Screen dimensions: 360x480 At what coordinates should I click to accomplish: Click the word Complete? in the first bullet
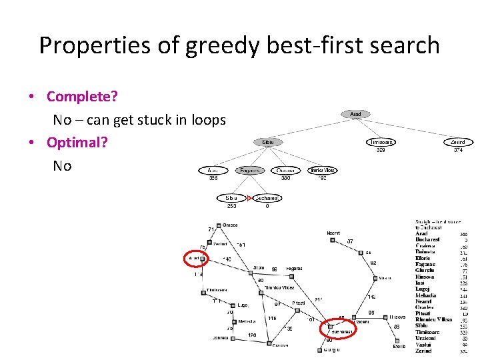[x=82, y=97]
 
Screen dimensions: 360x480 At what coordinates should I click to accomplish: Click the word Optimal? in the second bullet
[x=77, y=143]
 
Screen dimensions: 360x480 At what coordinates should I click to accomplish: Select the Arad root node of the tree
[x=355, y=115]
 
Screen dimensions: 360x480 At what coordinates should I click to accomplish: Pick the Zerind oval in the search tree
[x=458, y=142]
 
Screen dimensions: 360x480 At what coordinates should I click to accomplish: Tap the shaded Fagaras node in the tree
[x=249, y=170]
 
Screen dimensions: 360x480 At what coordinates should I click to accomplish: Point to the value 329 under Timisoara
[x=381, y=151]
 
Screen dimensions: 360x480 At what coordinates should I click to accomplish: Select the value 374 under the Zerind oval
[x=458, y=151]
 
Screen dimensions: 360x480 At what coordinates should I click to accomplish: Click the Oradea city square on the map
[x=218, y=226]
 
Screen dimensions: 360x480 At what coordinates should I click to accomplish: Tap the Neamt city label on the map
[x=333, y=233]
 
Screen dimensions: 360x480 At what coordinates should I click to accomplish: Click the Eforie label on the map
[x=399, y=346]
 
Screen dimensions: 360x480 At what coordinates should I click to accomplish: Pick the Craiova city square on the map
[x=269, y=344]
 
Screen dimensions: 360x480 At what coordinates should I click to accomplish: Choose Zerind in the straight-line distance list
[x=425, y=351]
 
